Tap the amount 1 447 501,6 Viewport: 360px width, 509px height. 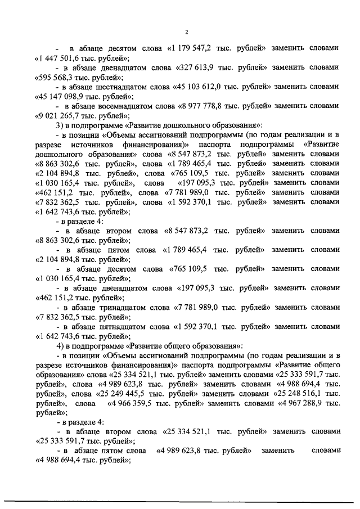tap(62, 58)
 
